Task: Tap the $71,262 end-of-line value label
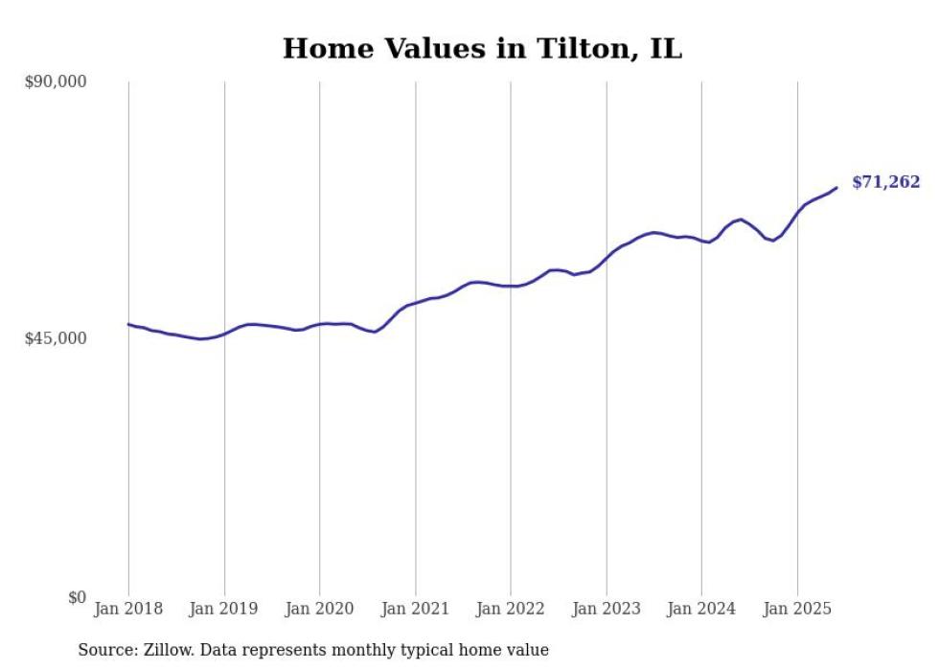(x=885, y=182)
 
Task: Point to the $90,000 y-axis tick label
(x=55, y=81)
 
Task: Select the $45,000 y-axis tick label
(x=55, y=338)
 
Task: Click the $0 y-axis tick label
(x=77, y=597)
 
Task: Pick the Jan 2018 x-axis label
(x=128, y=609)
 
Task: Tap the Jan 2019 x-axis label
(x=224, y=609)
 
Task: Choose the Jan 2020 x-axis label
(x=320, y=609)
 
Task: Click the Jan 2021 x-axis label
(x=415, y=609)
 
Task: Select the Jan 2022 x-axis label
(x=511, y=609)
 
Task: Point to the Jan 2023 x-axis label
(x=607, y=609)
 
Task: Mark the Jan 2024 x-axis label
(x=701, y=609)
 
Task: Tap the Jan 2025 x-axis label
(x=797, y=609)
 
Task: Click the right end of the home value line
(x=836, y=188)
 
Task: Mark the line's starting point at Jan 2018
(x=128, y=324)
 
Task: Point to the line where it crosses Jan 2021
(x=415, y=304)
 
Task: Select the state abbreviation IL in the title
(x=666, y=49)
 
